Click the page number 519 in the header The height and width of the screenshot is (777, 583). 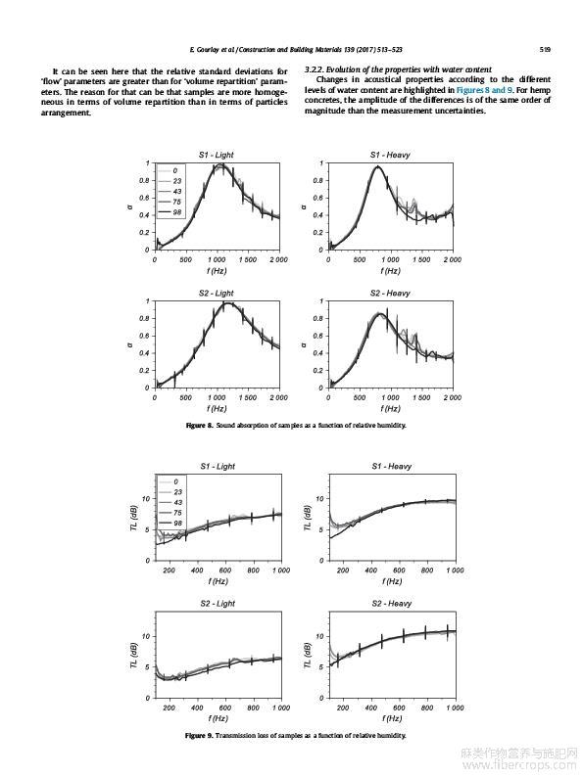click(x=545, y=50)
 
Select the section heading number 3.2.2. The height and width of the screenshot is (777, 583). click(x=315, y=69)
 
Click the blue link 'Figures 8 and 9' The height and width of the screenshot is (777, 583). click(x=484, y=90)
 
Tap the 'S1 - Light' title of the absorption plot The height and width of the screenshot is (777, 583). click(x=217, y=155)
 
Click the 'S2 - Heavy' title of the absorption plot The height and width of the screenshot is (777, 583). click(x=390, y=294)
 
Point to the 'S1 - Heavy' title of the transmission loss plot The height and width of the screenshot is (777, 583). click(x=392, y=467)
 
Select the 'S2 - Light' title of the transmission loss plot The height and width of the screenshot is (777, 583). click(x=218, y=604)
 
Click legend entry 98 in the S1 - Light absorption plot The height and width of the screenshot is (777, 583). click(x=177, y=212)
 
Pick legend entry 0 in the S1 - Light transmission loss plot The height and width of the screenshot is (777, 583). click(x=176, y=481)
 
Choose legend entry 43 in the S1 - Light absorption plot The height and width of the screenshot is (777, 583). click(x=177, y=191)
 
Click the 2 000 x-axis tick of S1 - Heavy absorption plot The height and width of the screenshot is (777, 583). click(x=452, y=259)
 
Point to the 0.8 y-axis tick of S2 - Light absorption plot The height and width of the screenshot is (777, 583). click(x=144, y=319)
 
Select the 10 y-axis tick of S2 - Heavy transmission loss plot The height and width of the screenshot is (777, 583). click(x=319, y=636)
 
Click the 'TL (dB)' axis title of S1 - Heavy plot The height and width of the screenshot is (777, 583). click(x=307, y=519)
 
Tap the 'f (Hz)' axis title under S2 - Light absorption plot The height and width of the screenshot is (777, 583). click(x=217, y=409)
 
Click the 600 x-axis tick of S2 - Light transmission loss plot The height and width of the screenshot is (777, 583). click(x=225, y=708)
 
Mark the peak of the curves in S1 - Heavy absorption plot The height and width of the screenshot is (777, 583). click(x=377, y=166)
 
